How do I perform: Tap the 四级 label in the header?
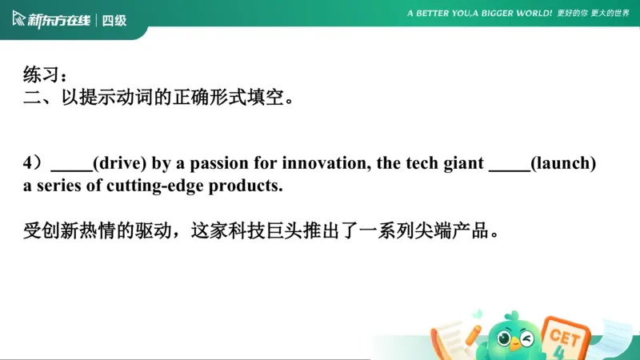[114, 20]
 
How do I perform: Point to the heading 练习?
[41, 75]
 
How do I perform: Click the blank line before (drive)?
[71, 168]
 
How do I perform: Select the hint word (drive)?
[119, 164]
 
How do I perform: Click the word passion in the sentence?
[229, 164]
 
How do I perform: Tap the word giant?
[464, 164]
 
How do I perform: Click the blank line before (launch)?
[509, 168]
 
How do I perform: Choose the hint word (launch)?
[564, 164]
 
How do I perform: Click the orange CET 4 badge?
[566, 336]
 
